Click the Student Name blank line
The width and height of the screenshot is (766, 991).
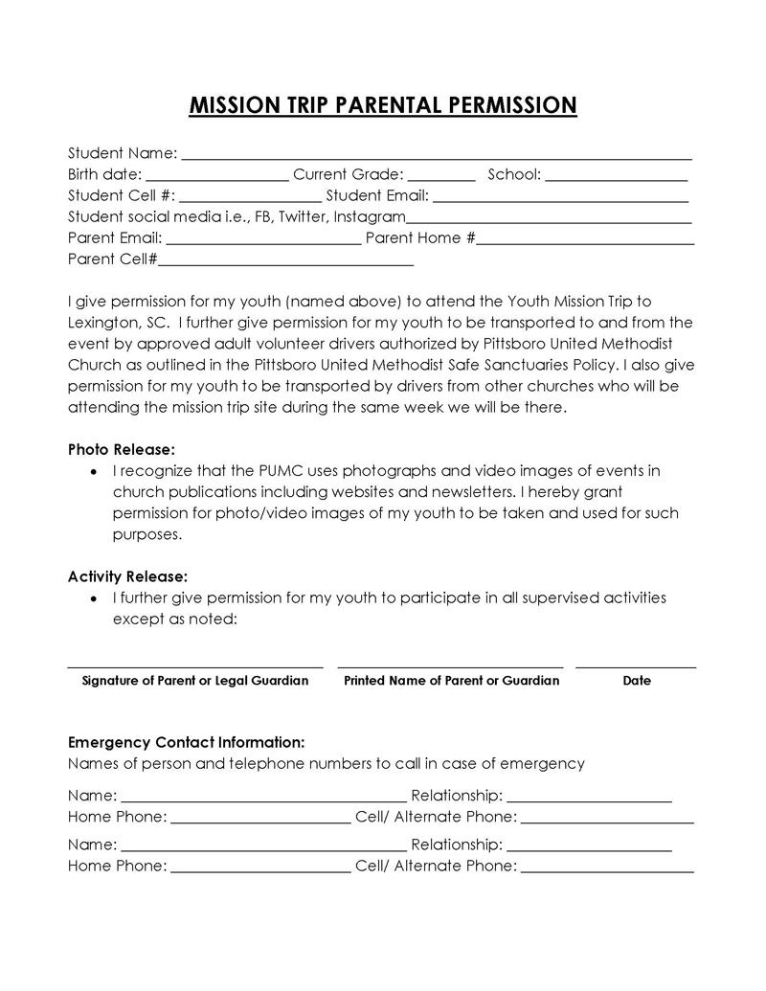437,156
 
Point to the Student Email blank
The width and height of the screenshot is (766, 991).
561,199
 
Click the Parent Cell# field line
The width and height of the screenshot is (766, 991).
286,262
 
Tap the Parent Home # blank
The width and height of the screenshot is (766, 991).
585,241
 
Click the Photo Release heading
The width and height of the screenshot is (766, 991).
122,449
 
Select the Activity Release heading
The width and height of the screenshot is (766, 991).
127,576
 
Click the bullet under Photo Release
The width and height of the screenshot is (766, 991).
93,472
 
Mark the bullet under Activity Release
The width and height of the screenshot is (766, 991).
93,598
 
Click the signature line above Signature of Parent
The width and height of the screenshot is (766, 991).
195,665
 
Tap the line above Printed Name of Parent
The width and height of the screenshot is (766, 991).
451,665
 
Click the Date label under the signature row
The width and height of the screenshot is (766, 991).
637,681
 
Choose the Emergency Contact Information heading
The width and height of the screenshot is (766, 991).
187,742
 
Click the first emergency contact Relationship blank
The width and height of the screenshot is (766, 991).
589,798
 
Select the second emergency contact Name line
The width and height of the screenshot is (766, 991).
263,848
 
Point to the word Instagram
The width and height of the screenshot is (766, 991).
370,217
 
